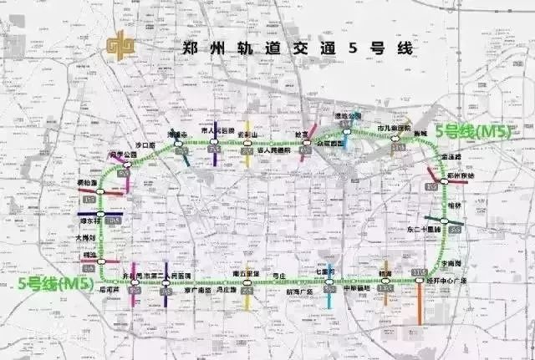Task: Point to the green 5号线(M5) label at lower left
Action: point(54,284)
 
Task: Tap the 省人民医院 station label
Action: point(272,151)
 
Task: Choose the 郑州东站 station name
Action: point(460,177)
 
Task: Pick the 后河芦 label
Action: point(133,291)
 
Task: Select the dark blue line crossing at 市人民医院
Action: point(215,155)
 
